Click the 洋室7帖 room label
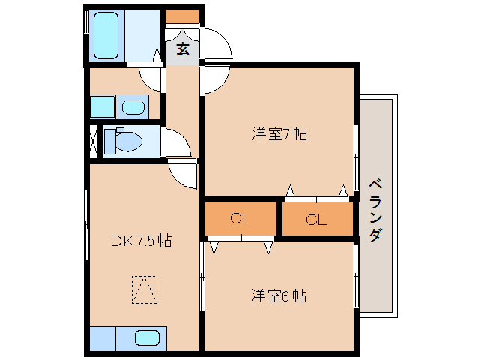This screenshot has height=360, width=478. click(279, 134)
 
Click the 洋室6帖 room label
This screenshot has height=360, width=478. click(278, 295)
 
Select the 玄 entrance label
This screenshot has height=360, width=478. click(183, 49)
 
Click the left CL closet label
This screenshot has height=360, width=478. click(240, 219)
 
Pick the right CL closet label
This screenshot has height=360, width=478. click(316, 220)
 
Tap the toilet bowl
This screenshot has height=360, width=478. click(124, 140)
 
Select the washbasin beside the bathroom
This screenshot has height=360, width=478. click(134, 107)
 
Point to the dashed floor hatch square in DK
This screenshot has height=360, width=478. click(145, 289)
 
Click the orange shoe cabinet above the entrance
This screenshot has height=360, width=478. click(183, 16)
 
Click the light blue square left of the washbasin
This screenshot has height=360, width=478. click(102, 106)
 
